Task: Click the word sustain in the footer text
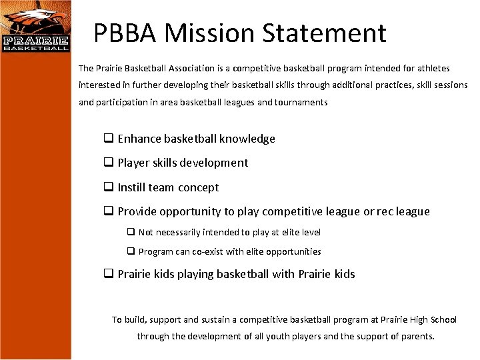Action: (x=216, y=320)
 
